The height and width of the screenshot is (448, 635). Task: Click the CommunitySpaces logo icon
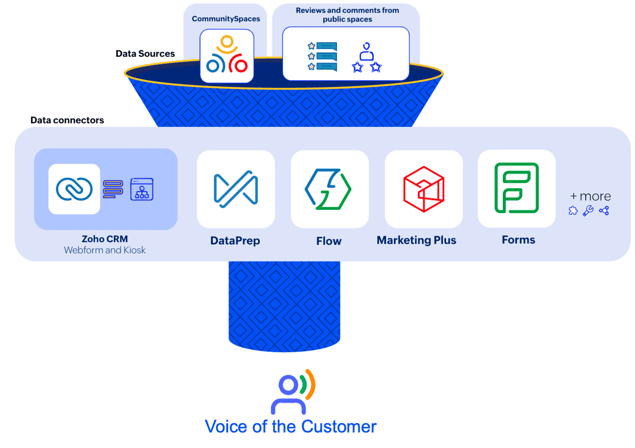(x=227, y=55)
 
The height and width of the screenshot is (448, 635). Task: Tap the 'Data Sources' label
(x=145, y=54)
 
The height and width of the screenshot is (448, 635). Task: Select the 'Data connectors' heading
(x=67, y=120)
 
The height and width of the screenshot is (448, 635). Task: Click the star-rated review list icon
(x=322, y=57)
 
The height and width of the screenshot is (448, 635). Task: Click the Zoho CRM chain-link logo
(x=74, y=189)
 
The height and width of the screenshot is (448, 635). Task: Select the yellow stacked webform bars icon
(x=113, y=189)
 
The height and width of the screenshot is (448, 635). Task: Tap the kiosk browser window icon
(x=142, y=189)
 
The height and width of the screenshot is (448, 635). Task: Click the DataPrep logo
(x=236, y=189)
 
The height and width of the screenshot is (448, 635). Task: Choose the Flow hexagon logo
(x=328, y=189)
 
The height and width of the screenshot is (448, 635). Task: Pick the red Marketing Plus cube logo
(x=423, y=189)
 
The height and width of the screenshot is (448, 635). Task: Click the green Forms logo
(x=517, y=188)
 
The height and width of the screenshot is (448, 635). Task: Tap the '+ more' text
(x=591, y=196)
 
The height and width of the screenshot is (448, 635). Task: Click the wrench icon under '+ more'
(x=588, y=211)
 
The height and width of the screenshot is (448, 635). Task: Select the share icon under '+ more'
(x=604, y=211)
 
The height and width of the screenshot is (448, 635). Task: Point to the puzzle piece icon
(x=573, y=211)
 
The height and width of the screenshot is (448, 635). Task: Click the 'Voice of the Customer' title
(x=290, y=426)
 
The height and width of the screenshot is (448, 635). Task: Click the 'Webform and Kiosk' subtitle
(x=105, y=250)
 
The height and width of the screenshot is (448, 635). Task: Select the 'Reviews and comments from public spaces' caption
(x=347, y=15)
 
